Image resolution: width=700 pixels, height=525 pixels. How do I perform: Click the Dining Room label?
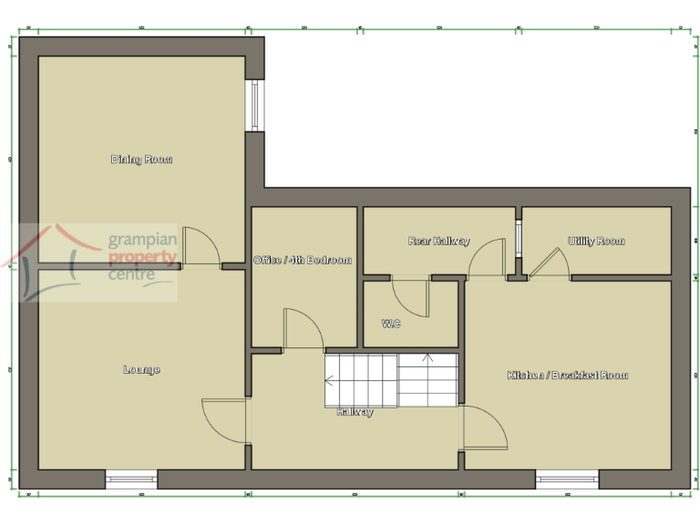141,160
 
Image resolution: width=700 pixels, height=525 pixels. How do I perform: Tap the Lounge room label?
141,370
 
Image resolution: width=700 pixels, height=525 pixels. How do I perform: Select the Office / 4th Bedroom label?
302,260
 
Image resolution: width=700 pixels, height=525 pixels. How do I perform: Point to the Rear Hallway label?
438,241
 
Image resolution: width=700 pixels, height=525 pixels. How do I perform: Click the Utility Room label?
596,241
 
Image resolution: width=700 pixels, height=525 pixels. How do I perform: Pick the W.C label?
390,324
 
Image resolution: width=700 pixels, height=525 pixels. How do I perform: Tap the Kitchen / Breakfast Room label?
567,375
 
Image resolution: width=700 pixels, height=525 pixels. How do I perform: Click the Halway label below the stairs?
355,412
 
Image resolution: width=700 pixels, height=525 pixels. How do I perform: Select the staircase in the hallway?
390,379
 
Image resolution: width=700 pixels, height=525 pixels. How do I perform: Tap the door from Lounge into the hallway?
225,420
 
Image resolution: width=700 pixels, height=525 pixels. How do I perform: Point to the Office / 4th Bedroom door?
304,329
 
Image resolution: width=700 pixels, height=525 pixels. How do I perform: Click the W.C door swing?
409,297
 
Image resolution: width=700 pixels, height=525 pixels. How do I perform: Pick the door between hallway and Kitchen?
484,427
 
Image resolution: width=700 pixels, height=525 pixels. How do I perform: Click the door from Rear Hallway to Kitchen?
487,258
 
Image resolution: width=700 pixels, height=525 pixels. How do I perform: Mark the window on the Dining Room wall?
256,107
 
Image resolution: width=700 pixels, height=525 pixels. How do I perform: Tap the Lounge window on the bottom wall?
131,478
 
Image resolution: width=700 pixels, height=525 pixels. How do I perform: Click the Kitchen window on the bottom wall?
566,478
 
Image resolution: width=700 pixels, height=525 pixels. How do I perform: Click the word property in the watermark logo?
142,258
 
